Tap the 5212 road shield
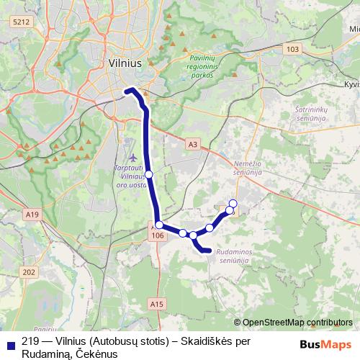click(22, 22)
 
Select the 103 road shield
click(292, 49)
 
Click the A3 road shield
click(192, 144)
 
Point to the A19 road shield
click(32, 214)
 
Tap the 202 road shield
click(29, 271)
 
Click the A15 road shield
click(158, 305)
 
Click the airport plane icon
click(132, 157)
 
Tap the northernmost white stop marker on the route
click(233, 203)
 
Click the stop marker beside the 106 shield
click(159, 225)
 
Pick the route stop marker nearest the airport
click(149, 174)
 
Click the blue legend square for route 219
click(9, 343)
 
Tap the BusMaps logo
click(325, 343)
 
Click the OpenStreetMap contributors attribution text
click(297, 322)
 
